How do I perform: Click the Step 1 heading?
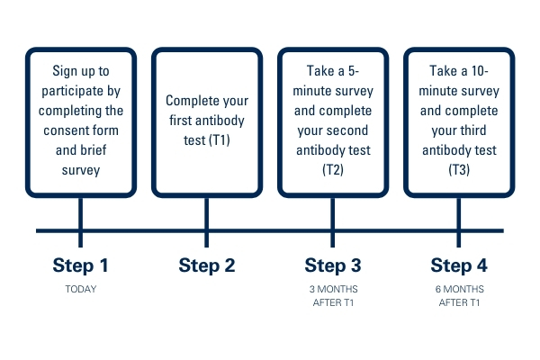pyautogui.click(x=81, y=265)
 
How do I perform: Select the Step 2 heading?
pyautogui.click(x=207, y=265)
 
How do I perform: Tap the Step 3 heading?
pyautogui.click(x=333, y=265)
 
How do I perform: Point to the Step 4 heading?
pyautogui.click(x=459, y=265)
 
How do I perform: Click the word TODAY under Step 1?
pyautogui.click(x=81, y=289)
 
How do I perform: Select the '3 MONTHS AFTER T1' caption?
pyautogui.click(x=333, y=295)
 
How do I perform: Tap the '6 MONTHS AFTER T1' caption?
pyautogui.click(x=459, y=295)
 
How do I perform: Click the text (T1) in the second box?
pyautogui.click(x=219, y=140)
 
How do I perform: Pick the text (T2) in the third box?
pyautogui.click(x=333, y=170)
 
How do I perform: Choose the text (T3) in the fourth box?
pyautogui.click(x=459, y=170)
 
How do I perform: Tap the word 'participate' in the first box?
pyautogui.click(x=72, y=91)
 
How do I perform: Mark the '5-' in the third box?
pyautogui.click(x=354, y=71)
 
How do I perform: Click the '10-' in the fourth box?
pyautogui.click(x=480, y=71)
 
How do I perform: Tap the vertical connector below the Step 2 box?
pyautogui.click(x=207, y=222)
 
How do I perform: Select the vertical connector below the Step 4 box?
pyautogui.click(x=459, y=222)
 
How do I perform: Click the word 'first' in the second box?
pyautogui.click(x=181, y=121)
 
